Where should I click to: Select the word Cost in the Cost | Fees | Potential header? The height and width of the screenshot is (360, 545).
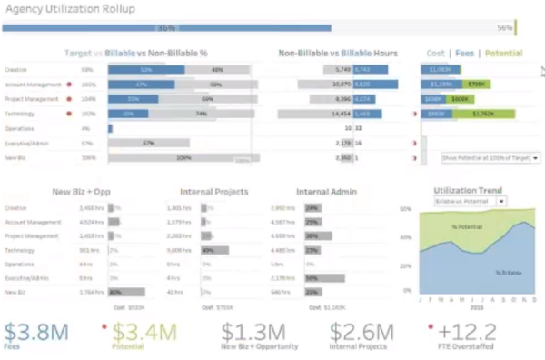[x=435, y=54]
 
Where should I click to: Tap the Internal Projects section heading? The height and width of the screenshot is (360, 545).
[x=215, y=192]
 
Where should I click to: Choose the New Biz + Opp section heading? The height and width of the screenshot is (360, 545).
[x=83, y=192]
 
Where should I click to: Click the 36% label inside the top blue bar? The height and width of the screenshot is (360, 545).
[x=167, y=28]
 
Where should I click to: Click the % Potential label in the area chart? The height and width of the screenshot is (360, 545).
[x=467, y=225]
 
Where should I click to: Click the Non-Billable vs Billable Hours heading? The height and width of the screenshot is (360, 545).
[x=337, y=54]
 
